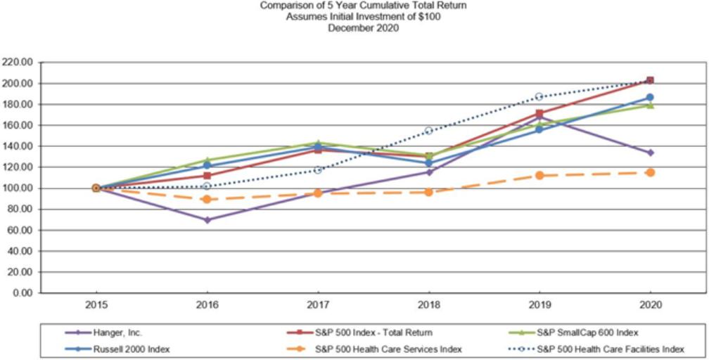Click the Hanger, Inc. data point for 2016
207,220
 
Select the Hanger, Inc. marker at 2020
650,153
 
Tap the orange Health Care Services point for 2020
650,172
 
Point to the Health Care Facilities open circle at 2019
539,96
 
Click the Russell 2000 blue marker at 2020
650,98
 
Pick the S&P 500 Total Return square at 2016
207,176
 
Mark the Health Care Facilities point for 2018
428,131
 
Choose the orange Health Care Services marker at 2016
207,199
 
